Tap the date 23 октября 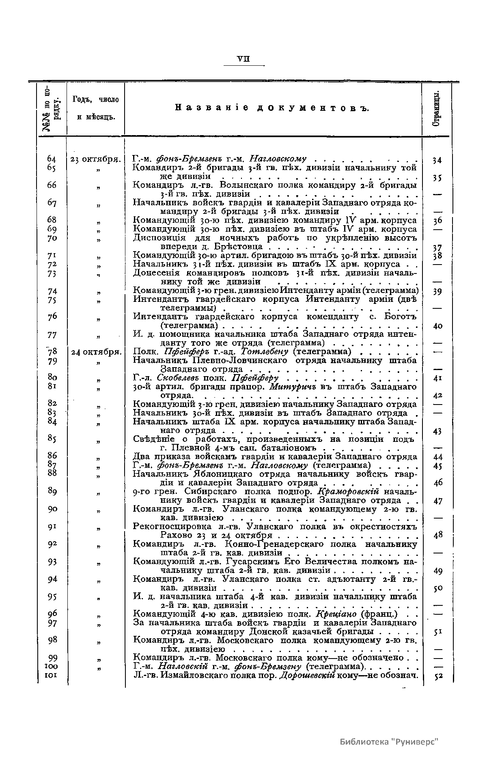tap(94, 159)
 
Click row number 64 tap(52, 159)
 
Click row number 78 tap(52, 352)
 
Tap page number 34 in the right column tap(437, 160)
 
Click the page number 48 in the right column tap(437, 535)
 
